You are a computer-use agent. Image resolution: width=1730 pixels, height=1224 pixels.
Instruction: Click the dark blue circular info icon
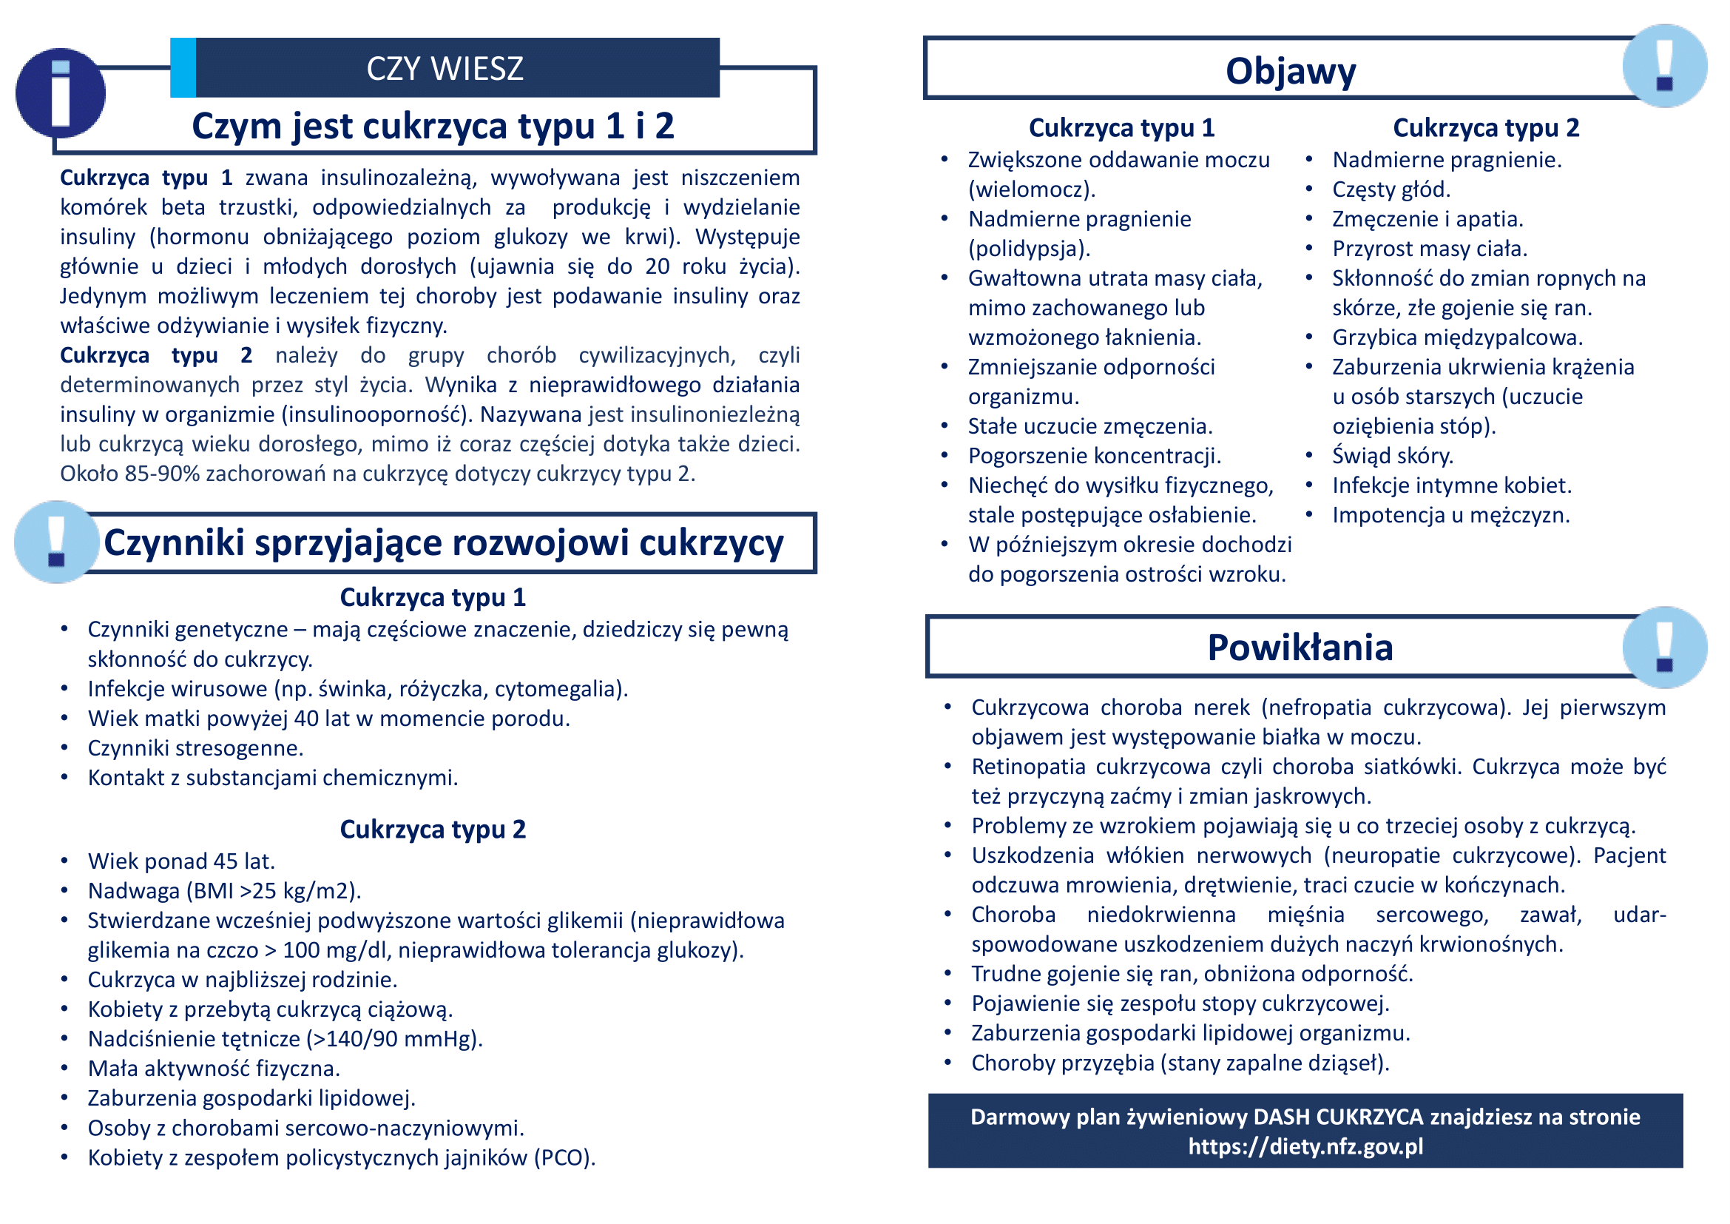coord(60,93)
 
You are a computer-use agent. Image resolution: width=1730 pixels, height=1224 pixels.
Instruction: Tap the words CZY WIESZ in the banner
coord(445,69)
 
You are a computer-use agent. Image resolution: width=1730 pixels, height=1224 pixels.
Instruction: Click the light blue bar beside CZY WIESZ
coord(183,68)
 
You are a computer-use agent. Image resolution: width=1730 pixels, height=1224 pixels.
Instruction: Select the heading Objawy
coord(1290,71)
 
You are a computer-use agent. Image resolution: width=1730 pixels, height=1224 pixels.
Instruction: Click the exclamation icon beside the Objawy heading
coord(1664,66)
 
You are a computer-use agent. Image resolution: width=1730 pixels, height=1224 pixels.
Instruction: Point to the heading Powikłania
coord(1300,648)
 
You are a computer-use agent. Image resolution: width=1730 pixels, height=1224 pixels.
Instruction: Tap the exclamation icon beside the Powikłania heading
coord(1664,648)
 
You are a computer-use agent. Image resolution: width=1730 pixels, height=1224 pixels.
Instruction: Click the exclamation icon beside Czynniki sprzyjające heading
coord(56,542)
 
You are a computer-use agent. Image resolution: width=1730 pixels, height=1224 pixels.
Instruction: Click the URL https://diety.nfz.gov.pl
coord(1305,1146)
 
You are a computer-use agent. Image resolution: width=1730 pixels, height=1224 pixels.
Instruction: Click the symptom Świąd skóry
coord(1393,456)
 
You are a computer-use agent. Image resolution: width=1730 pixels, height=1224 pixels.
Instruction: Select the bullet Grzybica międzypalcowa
coord(1457,337)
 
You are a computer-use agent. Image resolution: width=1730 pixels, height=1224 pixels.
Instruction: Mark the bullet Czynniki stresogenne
coord(195,748)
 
